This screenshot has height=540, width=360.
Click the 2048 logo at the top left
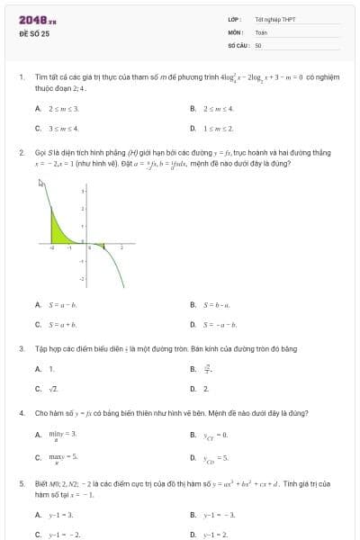[x=37, y=19]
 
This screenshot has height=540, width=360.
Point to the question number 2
[x=21, y=153]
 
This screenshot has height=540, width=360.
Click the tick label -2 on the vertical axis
[x=82, y=280]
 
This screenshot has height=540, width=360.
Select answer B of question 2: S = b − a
[x=217, y=305]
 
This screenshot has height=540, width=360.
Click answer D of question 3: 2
[x=206, y=389]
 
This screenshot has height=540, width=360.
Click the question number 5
[x=21, y=483]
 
